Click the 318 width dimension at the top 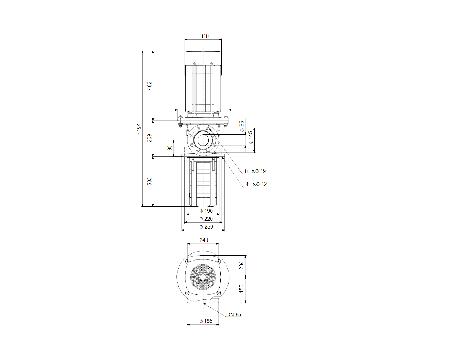(204, 36)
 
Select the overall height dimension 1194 (139, 129)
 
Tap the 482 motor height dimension (149, 86)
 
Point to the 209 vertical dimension (149, 138)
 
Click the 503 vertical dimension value (149, 181)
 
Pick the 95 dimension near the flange (169, 148)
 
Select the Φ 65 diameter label (242, 126)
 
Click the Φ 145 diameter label (251, 137)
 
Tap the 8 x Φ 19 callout (255, 171)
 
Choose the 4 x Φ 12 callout (256, 184)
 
